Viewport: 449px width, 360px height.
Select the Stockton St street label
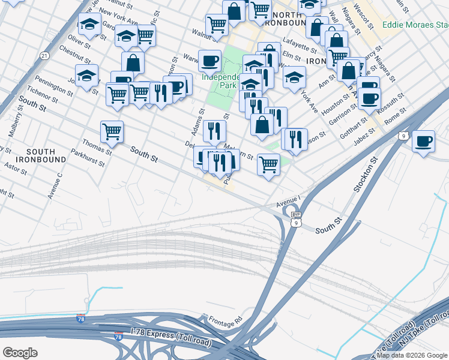[364, 175]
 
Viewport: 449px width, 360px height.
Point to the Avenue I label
[288, 205]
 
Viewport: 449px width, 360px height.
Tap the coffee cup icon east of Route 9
[423, 142]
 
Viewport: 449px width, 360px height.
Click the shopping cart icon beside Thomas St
[112, 132]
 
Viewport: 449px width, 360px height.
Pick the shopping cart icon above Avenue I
[268, 164]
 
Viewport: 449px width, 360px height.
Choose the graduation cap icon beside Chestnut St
[87, 76]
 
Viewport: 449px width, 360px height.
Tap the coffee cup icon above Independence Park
[209, 61]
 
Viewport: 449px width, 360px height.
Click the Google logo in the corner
[20, 352]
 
